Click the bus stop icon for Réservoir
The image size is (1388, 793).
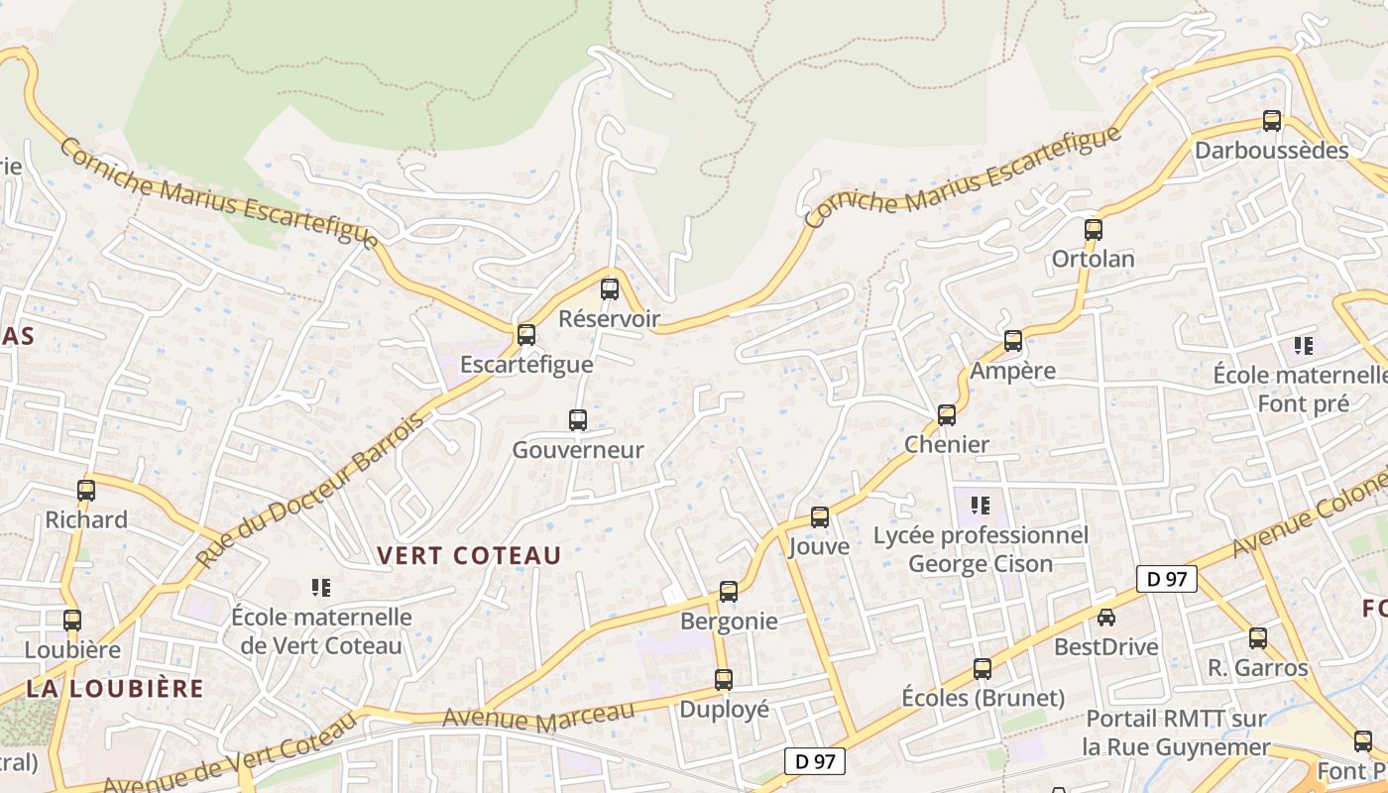click(610, 289)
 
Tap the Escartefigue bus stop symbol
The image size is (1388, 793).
click(526, 335)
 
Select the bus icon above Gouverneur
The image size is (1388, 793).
click(578, 420)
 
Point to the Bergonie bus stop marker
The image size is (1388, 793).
click(729, 592)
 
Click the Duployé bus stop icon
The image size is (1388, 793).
click(724, 680)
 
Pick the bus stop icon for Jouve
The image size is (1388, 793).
click(820, 517)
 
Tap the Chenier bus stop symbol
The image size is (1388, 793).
click(947, 415)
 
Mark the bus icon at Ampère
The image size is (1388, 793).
click(1013, 341)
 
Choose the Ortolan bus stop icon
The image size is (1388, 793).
click(1094, 230)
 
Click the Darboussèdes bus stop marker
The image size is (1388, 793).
click(1272, 121)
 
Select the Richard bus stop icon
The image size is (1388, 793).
click(86, 490)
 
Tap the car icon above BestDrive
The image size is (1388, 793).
click(1106, 618)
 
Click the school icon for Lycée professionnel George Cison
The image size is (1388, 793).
click(981, 506)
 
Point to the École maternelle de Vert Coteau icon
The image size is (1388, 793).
click(320, 588)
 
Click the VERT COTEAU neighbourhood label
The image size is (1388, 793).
click(470, 556)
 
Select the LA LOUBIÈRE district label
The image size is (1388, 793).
click(115, 688)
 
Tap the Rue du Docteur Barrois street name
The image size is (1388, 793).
click(310, 490)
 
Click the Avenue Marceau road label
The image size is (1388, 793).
click(538, 716)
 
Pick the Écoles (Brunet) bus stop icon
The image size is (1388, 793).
click(983, 669)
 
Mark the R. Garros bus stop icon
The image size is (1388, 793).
click(1258, 638)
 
